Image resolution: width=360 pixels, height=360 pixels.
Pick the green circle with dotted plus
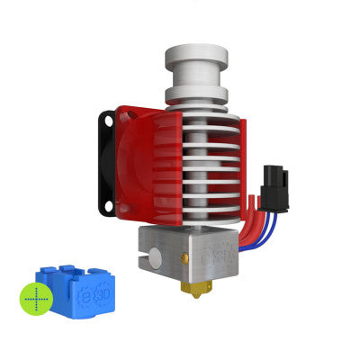(36, 298)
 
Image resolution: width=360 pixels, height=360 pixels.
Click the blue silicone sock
(73, 292)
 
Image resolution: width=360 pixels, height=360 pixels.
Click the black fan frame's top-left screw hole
(109, 120)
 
